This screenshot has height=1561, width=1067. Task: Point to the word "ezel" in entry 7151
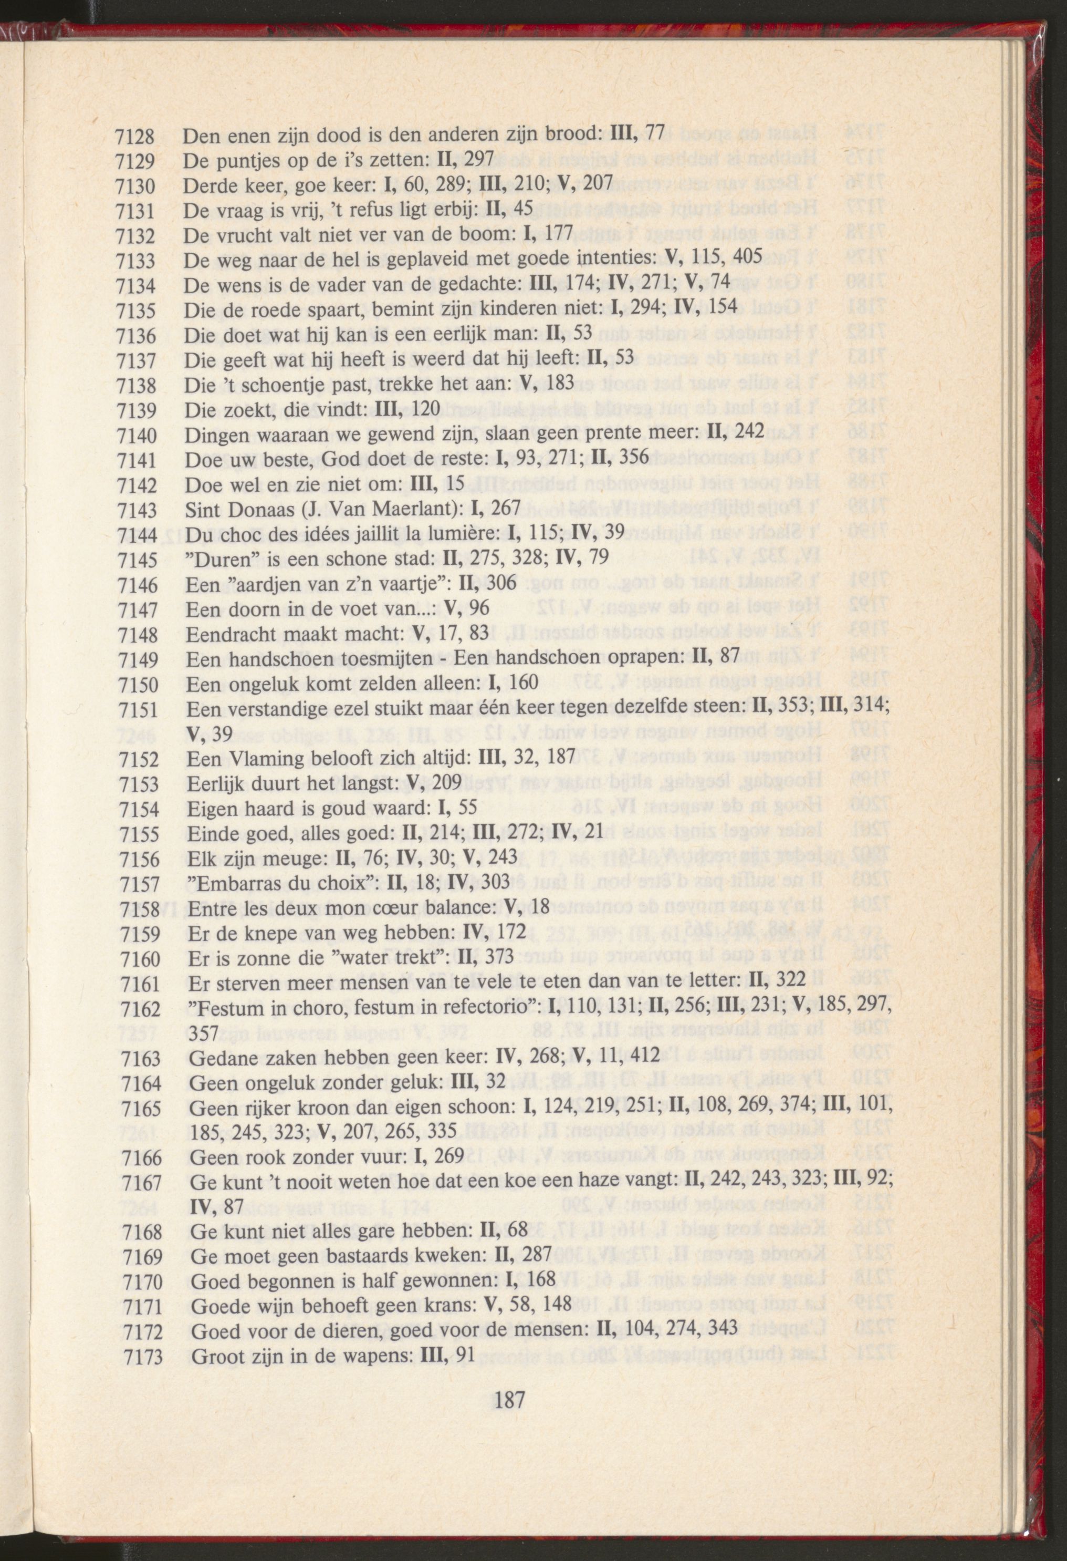[352, 709]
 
